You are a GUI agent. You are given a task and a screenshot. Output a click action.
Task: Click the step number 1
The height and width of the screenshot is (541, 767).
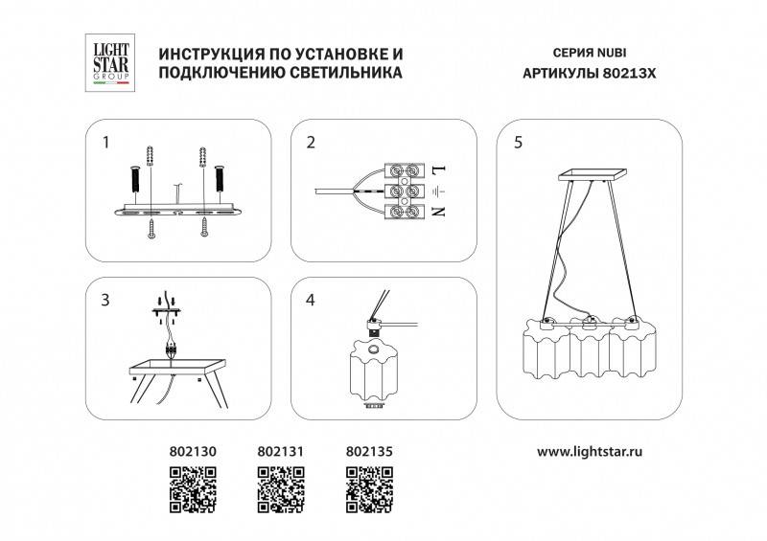(x=107, y=144)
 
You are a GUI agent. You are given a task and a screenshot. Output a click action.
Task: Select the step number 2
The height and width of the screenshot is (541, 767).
(x=311, y=144)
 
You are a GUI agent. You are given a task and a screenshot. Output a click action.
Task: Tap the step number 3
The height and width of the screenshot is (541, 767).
(x=107, y=301)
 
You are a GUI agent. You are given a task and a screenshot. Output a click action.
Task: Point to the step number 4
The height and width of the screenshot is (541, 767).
(x=311, y=301)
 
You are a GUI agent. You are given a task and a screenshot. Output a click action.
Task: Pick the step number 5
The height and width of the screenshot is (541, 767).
(x=518, y=144)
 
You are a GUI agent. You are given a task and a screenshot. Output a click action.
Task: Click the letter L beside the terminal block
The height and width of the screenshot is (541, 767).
(x=439, y=171)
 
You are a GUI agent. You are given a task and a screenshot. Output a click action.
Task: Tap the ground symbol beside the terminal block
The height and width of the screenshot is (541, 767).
(x=439, y=192)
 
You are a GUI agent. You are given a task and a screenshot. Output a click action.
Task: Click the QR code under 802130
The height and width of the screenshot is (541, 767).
(x=192, y=488)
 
